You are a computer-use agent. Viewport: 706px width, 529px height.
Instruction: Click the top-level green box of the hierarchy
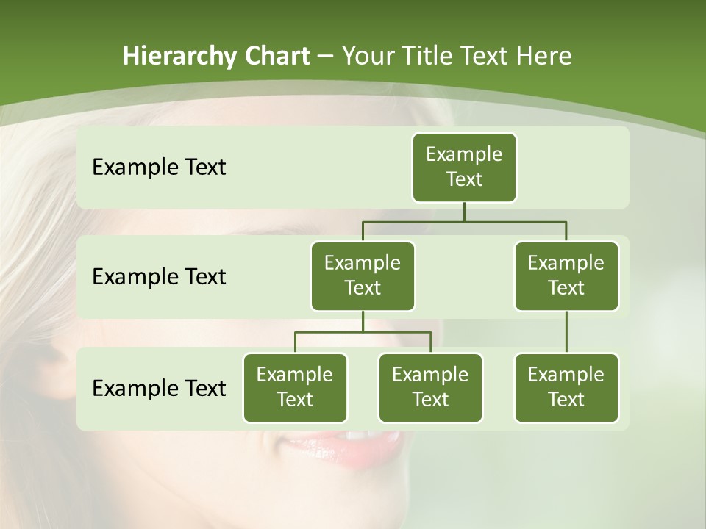pyautogui.click(x=464, y=167)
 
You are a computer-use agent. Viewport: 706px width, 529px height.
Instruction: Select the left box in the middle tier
pyautogui.click(x=363, y=276)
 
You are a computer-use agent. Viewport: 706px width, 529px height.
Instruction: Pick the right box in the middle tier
pyautogui.click(x=566, y=276)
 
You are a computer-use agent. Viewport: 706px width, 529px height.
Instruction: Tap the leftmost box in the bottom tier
pyautogui.click(x=295, y=387)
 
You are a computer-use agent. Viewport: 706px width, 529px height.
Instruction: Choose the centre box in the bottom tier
pyautogui.click(x=430, y=387)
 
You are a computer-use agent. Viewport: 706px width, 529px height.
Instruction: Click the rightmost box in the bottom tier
pyautogui.click(x=566, y=387)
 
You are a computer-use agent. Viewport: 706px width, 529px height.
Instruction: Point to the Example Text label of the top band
pyautogui.click(x=159, y=168)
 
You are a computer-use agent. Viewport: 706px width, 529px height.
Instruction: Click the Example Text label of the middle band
pyautogui.click(x=159, y=277)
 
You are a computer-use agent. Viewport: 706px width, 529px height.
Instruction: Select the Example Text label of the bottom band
pyautogui.click(x=159, y=388)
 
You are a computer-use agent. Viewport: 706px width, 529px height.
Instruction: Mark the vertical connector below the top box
pyautogui.click(x=464, y=212)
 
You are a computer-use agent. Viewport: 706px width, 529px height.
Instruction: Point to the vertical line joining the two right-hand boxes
pyautogui.click(x=566, y=332)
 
